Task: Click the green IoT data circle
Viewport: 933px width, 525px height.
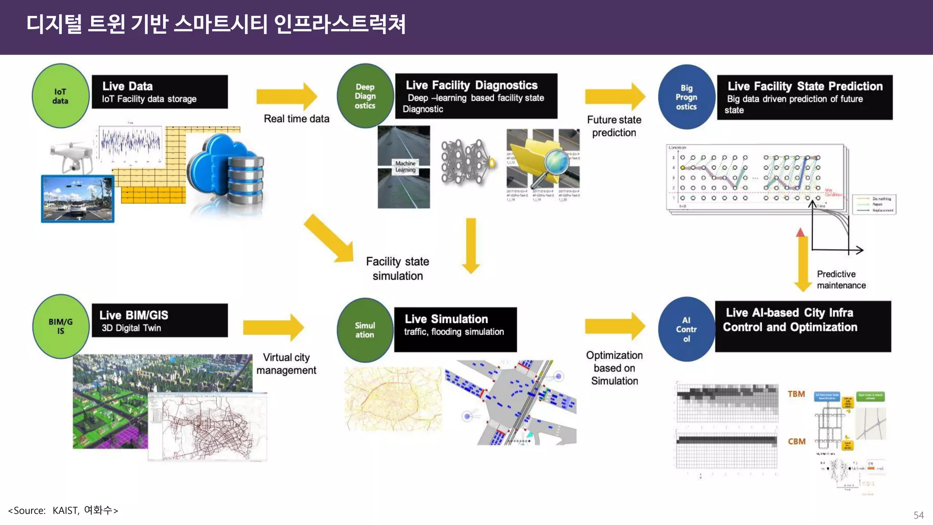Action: (60, 96)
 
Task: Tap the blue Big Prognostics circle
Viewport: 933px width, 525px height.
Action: (686, 97)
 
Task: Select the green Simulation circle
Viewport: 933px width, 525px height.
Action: (365, 330)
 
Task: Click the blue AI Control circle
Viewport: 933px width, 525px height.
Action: (686, 329)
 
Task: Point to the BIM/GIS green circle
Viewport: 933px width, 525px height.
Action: (61, 326)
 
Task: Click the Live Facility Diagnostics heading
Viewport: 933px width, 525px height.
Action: (472, 85)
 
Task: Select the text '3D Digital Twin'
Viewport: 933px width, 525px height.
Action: (131, 328)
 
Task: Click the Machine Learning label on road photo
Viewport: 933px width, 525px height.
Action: (405, 166)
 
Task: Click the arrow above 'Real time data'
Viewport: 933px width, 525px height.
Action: (287, 96)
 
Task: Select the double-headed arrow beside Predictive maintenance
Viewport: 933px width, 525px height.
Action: (802, 260)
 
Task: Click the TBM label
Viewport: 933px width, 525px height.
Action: (796, 394)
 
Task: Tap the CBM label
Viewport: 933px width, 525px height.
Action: (796, 441)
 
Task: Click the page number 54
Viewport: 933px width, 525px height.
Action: (918, 515)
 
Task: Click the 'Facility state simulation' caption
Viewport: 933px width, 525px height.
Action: (397, 268)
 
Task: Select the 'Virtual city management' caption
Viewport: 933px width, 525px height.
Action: (286, 364)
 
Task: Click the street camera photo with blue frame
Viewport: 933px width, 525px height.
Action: (77, 199)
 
